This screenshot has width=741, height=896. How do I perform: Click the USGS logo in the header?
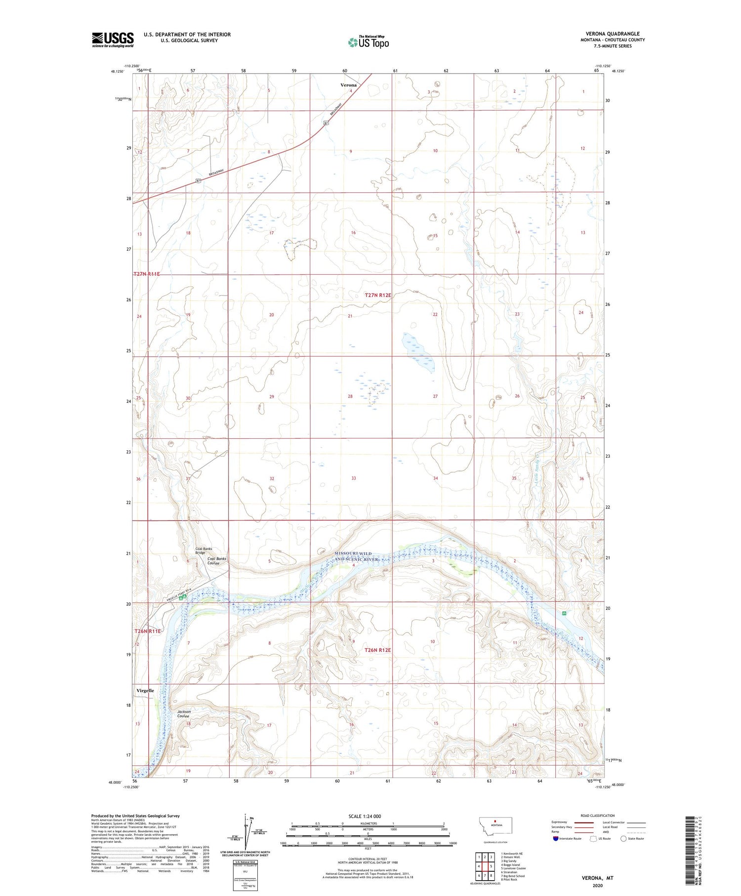(x=113, y=40)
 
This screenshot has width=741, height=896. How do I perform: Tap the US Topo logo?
(x=368, y=43)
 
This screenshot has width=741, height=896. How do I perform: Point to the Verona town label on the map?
(x=349, y=85)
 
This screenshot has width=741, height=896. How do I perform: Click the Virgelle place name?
(x=145, y=690)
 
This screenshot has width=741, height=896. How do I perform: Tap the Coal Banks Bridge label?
(x=204, y=551)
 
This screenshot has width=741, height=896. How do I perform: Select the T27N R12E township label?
(x=378, y=295)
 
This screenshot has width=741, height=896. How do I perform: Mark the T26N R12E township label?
(x=377, y=650)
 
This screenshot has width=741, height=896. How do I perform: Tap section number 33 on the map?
(x=353, y=478)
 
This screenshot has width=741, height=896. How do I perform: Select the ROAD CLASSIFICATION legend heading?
(x=598, y=815)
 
